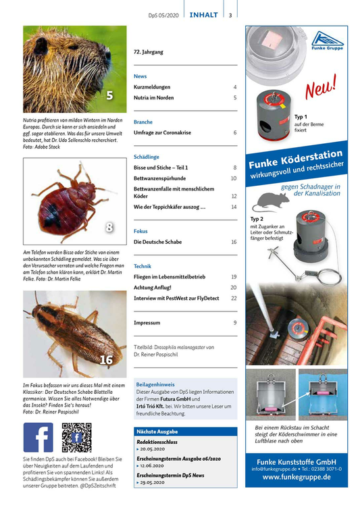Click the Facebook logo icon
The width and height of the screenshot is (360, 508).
(38, 436)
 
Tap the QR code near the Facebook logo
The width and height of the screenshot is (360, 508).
(76, 436)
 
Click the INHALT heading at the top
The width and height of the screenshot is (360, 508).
(203, 15)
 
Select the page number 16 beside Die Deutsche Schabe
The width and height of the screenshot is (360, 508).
(234, 241)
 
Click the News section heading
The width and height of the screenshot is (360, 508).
(140, 76)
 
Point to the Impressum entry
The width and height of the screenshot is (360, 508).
(147, 323)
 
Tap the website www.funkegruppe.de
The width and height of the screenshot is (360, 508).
(297, 477)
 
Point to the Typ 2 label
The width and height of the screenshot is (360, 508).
(256, 220)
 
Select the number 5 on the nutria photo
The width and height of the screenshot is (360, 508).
(109, 94)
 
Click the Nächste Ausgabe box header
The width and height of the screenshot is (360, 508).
(157, 431)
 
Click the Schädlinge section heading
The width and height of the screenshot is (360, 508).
(147, 156)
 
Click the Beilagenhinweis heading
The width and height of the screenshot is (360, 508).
(156, 382)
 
